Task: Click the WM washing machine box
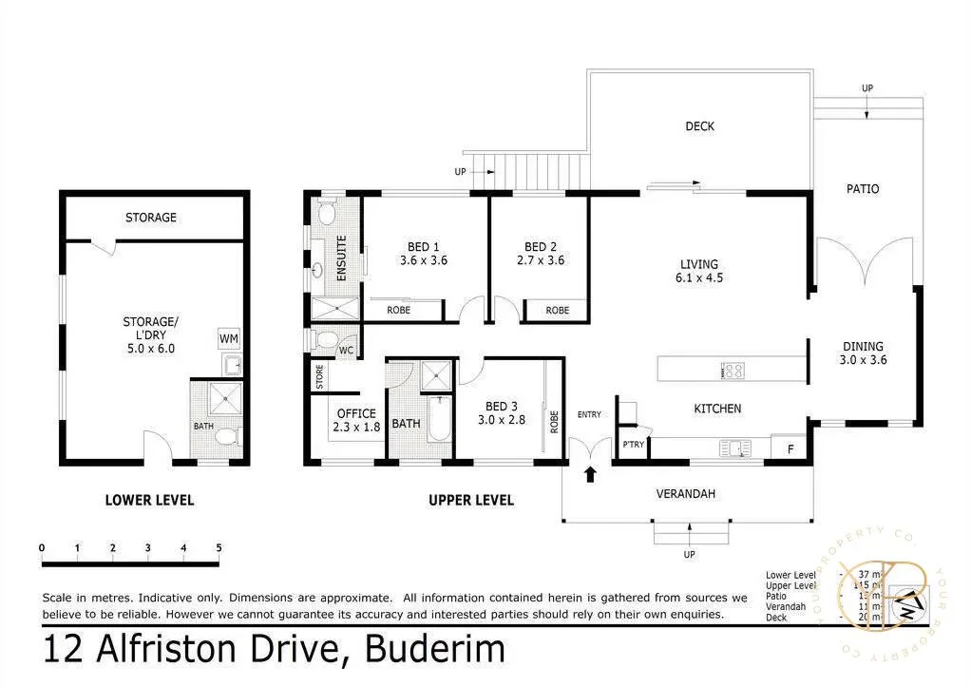pyautogui.click(x=229, y=338)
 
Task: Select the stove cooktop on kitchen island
pyautogui.click(x=733, y=370)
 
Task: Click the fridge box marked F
pyautogui.click(x=790, y=448)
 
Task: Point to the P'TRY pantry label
pyautogui.click(x=632, y=445)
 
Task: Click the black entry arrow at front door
pyautogui.click(x=590, y=473)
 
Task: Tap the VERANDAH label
pyautogui.click(x=685, y=494)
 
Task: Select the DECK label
pyautogui.click(x=699, y=126)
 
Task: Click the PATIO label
pyautogui.click(x=863, y=189)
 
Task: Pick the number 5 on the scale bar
pyautogui.click(x=219, y=547)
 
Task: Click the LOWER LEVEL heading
pyautogui.click(x=149, y=500)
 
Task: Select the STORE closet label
pyautogui.click(x=319, y=376)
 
